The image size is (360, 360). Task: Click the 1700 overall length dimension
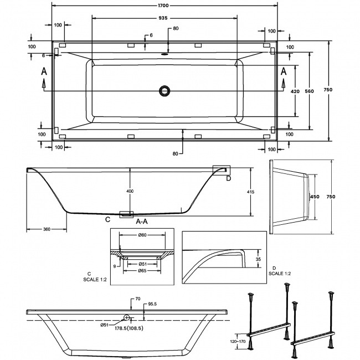point(163,6)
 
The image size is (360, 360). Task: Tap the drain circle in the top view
point(164,91)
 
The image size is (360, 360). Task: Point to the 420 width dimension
point(295,91)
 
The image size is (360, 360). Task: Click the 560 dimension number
point(309,91)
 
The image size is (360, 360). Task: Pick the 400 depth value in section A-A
point(130,191)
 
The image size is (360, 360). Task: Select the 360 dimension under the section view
point(47,229)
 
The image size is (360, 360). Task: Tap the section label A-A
point(142,222)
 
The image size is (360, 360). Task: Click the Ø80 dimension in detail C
point(142,235)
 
